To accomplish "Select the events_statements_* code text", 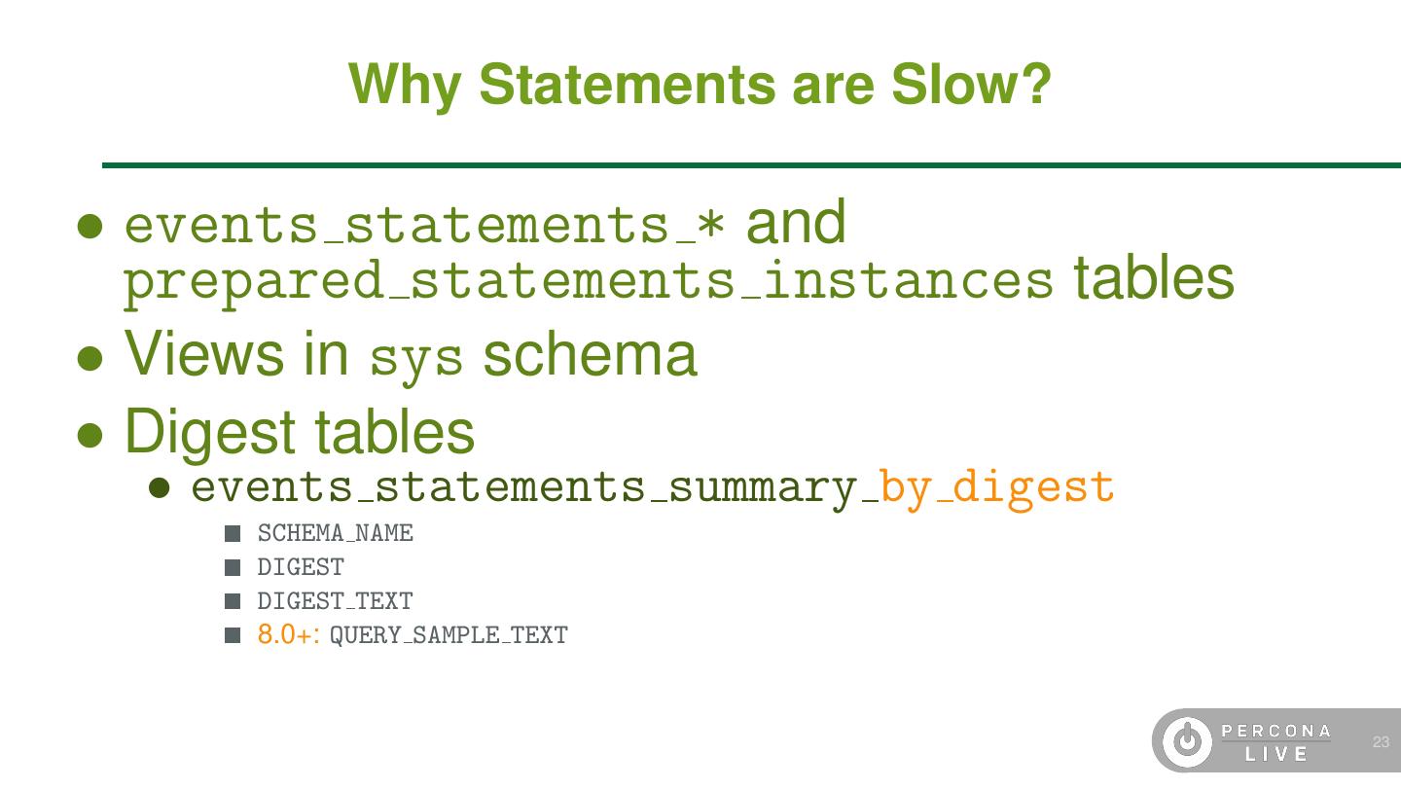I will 425,225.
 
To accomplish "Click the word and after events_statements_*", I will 796,223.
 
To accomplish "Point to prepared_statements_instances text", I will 588,281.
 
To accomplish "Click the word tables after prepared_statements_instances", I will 1154,278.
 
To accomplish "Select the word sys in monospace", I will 416,358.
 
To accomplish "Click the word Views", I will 204,353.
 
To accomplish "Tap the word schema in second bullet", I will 590,354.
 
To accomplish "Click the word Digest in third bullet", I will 209,432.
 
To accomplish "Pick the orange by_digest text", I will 996,486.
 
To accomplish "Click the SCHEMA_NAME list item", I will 335,534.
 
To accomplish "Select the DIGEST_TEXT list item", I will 335,602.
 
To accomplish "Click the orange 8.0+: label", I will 289,635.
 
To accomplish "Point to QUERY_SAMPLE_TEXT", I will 449,636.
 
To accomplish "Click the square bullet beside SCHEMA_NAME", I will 233,534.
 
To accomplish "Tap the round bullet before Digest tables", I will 90,434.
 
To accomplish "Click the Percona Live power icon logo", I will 1187,741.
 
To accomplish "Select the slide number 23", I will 1381,742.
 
